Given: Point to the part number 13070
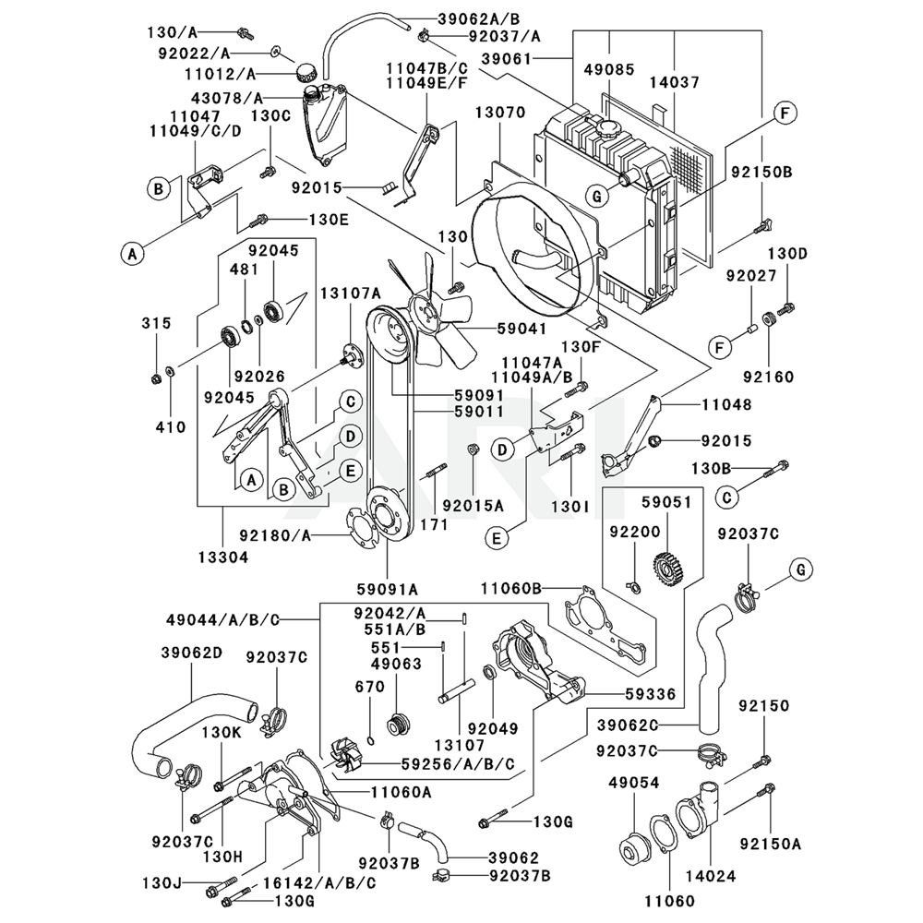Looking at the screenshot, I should (500, 113).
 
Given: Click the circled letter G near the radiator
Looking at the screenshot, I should (597, 195).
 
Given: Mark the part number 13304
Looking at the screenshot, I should (222, 557).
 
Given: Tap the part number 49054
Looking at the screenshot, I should (633, 783).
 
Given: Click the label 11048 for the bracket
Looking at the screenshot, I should (726, 404).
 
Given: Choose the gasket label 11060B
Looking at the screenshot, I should (511, 587).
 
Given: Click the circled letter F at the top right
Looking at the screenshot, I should (784, 114).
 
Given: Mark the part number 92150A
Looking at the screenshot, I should (770, 843).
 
